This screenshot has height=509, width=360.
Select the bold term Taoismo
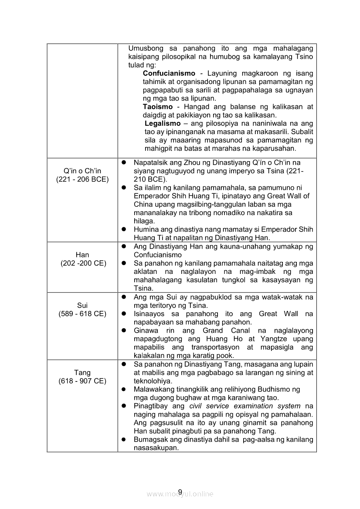pyautogui.click(x=158, y=107)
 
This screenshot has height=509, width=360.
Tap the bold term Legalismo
pyautogui.click(x=163, y=124)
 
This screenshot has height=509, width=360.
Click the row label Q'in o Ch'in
pyautogui.click(x=82, y=171)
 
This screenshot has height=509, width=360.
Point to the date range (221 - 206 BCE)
pyautogui.click(x=82, y=179)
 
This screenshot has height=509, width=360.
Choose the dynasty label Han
pyautogui.click(x=82, y=255)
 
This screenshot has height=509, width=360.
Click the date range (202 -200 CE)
pyautogui.click(x=82, y=263)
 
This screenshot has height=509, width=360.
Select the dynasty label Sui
pyautogui.click(x=82, y=305)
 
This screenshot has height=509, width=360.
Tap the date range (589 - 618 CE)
pyautogui.click(x=82, y=314)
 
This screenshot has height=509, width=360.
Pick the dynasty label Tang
pyautogui.click(x=82, y=372)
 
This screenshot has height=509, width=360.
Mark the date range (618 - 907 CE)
pyautogui.click(x=82, y=381)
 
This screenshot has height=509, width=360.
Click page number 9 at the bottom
pyautogui.click(x=180, y=492)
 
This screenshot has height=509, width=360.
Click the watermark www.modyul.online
pyautogui.click(x=180, y=494)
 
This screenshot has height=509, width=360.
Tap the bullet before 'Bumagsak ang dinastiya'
pyautogui.click(x=124, y=439)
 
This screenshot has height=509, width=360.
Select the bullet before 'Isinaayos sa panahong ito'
pyautogui.click(x=124, y=314)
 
